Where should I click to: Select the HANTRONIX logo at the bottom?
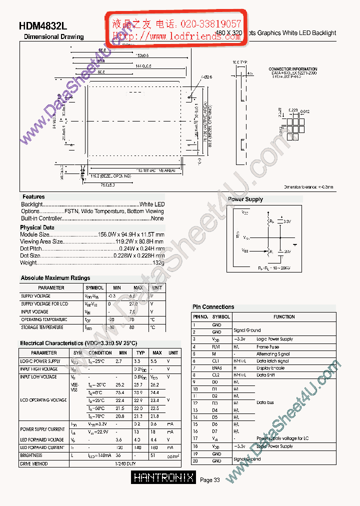tap(164, 478)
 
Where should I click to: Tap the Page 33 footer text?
tap(210, 480)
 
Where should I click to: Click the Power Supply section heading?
tap(245, 199)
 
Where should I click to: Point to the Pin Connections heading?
tap(213, 307)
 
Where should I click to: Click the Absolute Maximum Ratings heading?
tap(55, 278)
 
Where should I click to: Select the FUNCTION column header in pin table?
tap(284, 317)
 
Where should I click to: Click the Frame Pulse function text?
tap(268, 346)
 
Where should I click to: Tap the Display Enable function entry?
tap(270, 368)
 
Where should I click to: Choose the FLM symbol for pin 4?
tap(216, 346)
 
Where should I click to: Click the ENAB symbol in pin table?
tap(217, 368)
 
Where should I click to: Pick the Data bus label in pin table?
tap(265, 402)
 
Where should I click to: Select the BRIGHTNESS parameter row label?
tap(31, 455)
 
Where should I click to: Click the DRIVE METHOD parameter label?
tap(34, 464)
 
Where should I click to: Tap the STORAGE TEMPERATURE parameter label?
tap(42, 327)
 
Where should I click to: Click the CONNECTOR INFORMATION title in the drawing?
tap(293, 69)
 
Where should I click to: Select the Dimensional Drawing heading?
tap(54, 36)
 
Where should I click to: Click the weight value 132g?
tap(158, 262)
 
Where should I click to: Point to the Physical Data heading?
tap(37, 227)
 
